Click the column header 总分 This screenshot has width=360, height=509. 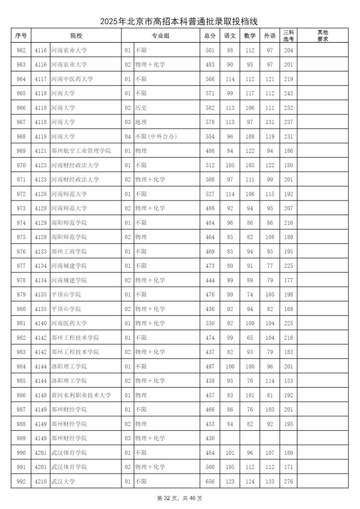pyautogui.click(x=210, y=35)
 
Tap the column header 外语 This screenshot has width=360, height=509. pyautogui.click(x=269, y=35)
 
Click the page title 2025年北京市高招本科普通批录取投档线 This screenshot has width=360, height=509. pyautogui.click(x=180, y=21)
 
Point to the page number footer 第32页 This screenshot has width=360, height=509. pyautogui.click(x=167, y=499)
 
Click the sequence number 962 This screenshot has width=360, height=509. pyautogui.click(x=21, y=50)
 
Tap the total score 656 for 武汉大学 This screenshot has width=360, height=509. pyautogui.click(x=210, y=481)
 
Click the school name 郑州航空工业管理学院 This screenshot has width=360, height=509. pyautogui.click(x=81, y=151)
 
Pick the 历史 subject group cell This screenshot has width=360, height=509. pyautogui.click(x=141, y=107)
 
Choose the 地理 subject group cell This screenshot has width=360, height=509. pyautogui.click(x=141, y=122)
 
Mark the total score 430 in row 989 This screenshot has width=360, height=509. pyautogui.click(x=210, y=438)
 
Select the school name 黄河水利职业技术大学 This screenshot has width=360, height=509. pyautogui.click(x=81, y=395)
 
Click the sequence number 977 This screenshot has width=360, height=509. pyautogui.click(x=21, y=266)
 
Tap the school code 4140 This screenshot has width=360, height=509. pyautogui.click(x=41, y=323)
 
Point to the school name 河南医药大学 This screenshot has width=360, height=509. pyautogui.click(x=69, y=323)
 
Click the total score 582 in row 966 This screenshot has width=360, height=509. pyautogui.click(x=210, y=107)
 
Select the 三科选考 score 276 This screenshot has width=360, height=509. pyautogui.click(x=289, y=481)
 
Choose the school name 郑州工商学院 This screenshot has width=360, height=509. pyautogui.click(x=69, y=251)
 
